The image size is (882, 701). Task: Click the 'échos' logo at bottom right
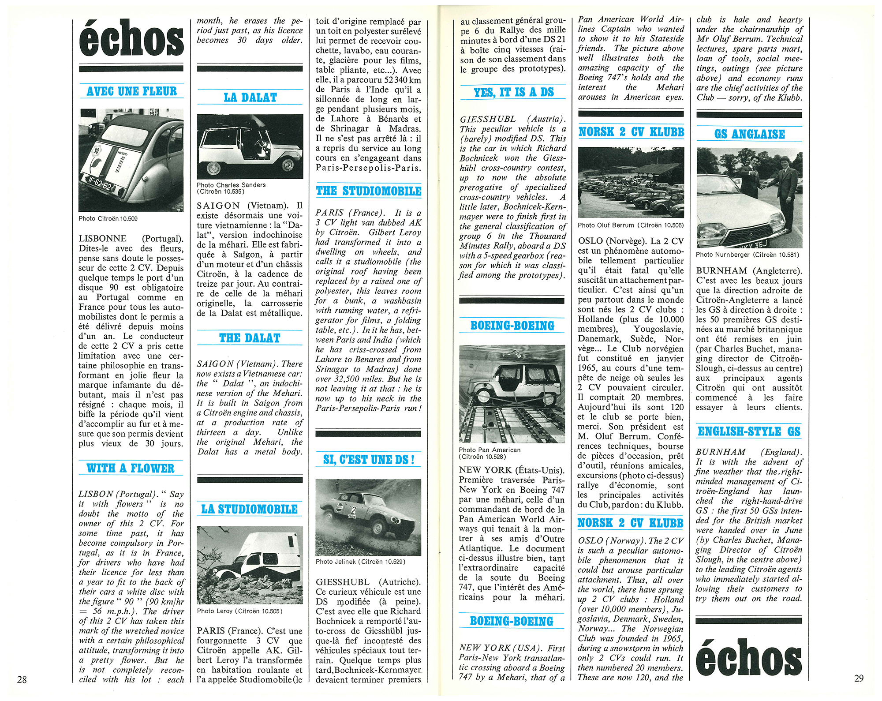pyautogui.click(x=749, y=660)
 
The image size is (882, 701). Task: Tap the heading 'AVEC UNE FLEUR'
pyautogui.click(x=131, y=91)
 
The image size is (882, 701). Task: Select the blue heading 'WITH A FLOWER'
pyautogui.click(x=131, y=468)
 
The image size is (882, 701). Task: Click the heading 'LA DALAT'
pyautogui.click(x=250, y=97)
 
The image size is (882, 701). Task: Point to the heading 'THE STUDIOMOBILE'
pyautogui.click(x=369, y=191)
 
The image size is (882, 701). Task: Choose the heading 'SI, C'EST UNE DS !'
pyautogui.click(x=369, y=460)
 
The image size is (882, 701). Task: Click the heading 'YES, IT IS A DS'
pyautogui.click(x=513, y=92)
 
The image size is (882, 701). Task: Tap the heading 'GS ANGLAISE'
pyautogui.click(x=750, y=134)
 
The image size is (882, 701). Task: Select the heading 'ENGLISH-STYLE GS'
pyautogui.click(x=749, y=431)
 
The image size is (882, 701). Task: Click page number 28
pyautogui.click(x=22, y=679)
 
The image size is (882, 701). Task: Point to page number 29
pyautogui.click(x=859, y=679)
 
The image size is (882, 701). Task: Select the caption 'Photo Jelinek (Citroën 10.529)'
pyautogui.click(x=360, y=562)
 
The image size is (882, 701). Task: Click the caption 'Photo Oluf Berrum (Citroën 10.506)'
pyautogui.click(x=631, y=225)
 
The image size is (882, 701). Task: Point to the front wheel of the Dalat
pyautogui.click(x=213, y=168)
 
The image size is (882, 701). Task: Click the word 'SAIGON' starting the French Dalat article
pyautogui.click(x=218, y=206)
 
